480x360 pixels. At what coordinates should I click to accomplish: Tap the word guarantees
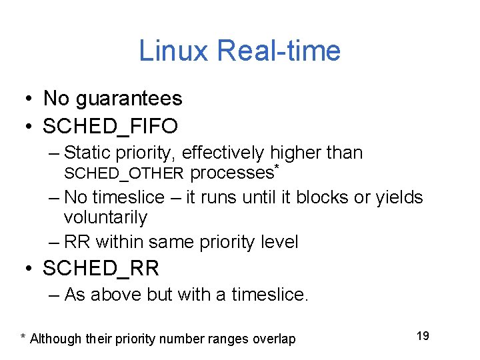(129, 99)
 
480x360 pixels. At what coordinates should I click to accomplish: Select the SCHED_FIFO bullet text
(110, 125)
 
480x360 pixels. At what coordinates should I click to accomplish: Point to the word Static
(87, 153)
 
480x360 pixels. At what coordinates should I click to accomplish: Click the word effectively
(223, 153)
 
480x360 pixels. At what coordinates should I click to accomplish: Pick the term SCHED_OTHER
(123, 174)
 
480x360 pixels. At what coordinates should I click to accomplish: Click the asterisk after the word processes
(275, 166)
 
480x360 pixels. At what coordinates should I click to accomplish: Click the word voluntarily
(105, 217)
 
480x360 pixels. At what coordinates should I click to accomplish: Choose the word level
(279, 241)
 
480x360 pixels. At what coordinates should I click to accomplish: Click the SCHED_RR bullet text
(101, 268)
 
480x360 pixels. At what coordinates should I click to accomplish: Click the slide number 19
(423, 335)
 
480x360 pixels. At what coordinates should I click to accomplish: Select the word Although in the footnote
(57, 339)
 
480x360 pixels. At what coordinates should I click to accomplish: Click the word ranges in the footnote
(227, 339)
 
